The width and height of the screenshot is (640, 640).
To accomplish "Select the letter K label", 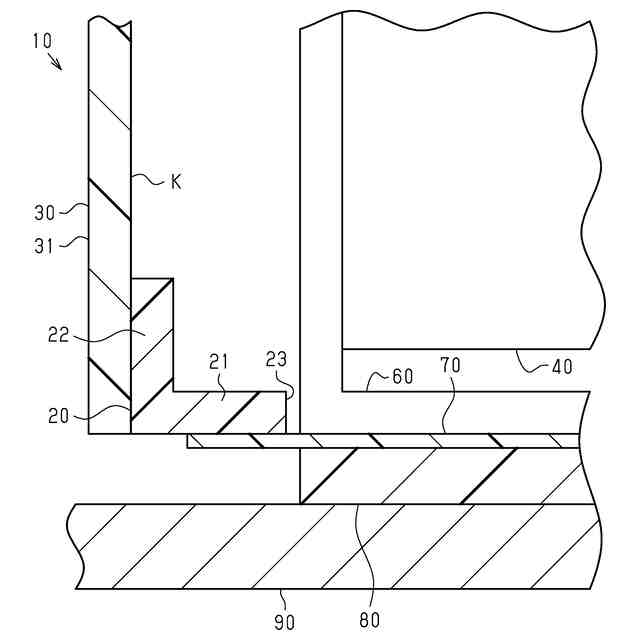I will click(x=175, y=183).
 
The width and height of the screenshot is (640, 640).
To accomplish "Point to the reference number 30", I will click(x=44, y=212).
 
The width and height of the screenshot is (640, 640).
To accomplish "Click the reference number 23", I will click(x=276, y=361).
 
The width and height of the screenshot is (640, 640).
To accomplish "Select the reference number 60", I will click(x=402, y=379).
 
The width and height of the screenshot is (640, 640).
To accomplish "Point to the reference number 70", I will click(x=450, y=366).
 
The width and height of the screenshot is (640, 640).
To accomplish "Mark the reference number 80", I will click(x=369, y=619).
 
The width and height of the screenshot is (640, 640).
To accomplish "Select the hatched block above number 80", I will click(x=440, y=476).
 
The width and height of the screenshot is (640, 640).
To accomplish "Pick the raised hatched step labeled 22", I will click(x=153, y=340).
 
